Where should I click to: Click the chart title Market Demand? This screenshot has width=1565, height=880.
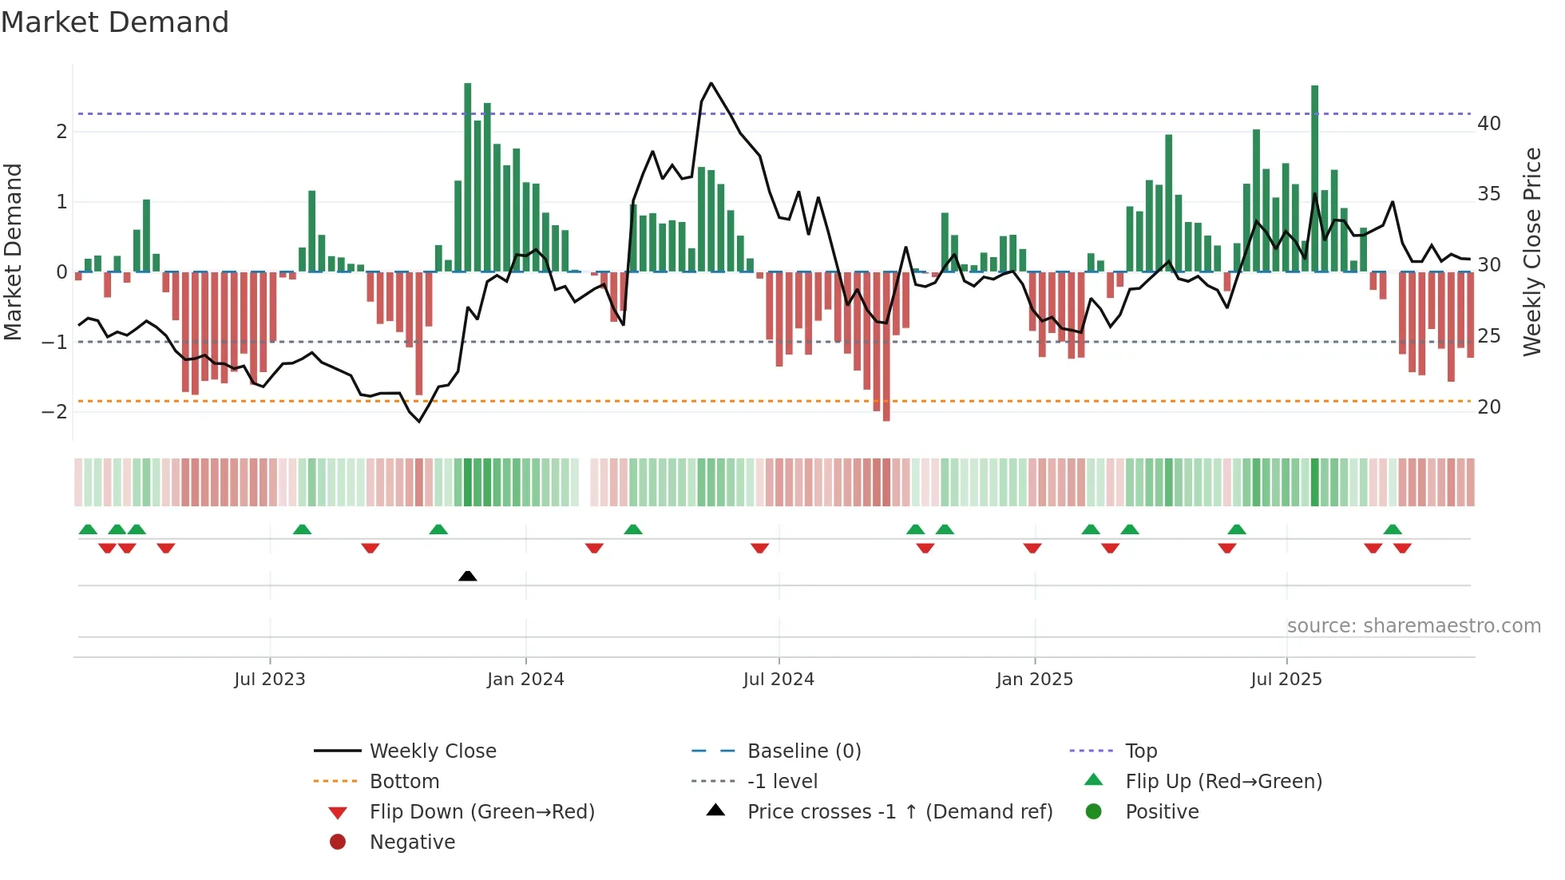point(115,22)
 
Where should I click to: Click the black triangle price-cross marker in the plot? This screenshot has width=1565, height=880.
point(468,576)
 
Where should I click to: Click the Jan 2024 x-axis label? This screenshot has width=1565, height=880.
point(525,680)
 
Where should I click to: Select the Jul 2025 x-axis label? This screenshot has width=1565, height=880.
point(1286,680)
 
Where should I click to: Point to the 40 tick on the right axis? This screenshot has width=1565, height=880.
point(1488,124)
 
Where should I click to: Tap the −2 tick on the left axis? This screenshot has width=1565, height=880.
point(55,412)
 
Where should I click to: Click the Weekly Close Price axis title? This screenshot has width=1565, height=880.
point(1531,252)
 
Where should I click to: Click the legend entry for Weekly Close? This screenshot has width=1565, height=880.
point(432,751)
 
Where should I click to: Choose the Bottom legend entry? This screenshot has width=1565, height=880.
point(404,782)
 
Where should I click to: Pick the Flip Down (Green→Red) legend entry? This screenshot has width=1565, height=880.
point(481,812)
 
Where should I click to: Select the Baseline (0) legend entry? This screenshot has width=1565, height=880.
point(803,751)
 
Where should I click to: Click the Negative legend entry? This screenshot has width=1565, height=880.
point(412,842)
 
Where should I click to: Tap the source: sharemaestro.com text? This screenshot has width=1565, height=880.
point(1413,626)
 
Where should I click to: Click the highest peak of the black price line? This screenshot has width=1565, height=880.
point(711,83)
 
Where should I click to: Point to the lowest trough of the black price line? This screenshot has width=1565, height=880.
point(419,422)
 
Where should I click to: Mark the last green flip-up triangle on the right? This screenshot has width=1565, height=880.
point(1393,529)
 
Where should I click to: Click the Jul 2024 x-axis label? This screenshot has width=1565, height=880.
point(779,680)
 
